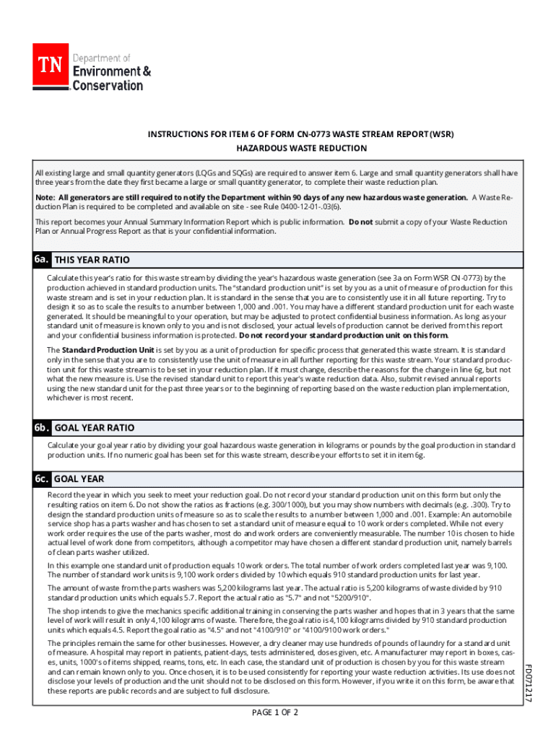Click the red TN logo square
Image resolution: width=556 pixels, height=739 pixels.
(x=51, y=64)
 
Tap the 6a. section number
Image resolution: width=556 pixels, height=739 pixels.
(x=41, y=259)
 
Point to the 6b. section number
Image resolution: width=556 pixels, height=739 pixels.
(x=41, y=427)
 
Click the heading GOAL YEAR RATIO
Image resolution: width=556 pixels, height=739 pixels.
(x=94, y=428)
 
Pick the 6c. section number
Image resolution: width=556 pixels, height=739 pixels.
(x=41, y=478)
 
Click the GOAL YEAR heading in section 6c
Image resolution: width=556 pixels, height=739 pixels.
(x=79, y=479)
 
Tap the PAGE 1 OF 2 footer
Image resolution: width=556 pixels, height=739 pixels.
(x=274, y=713)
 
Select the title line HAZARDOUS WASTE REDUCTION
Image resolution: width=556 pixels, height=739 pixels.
(x=302, y=148)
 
